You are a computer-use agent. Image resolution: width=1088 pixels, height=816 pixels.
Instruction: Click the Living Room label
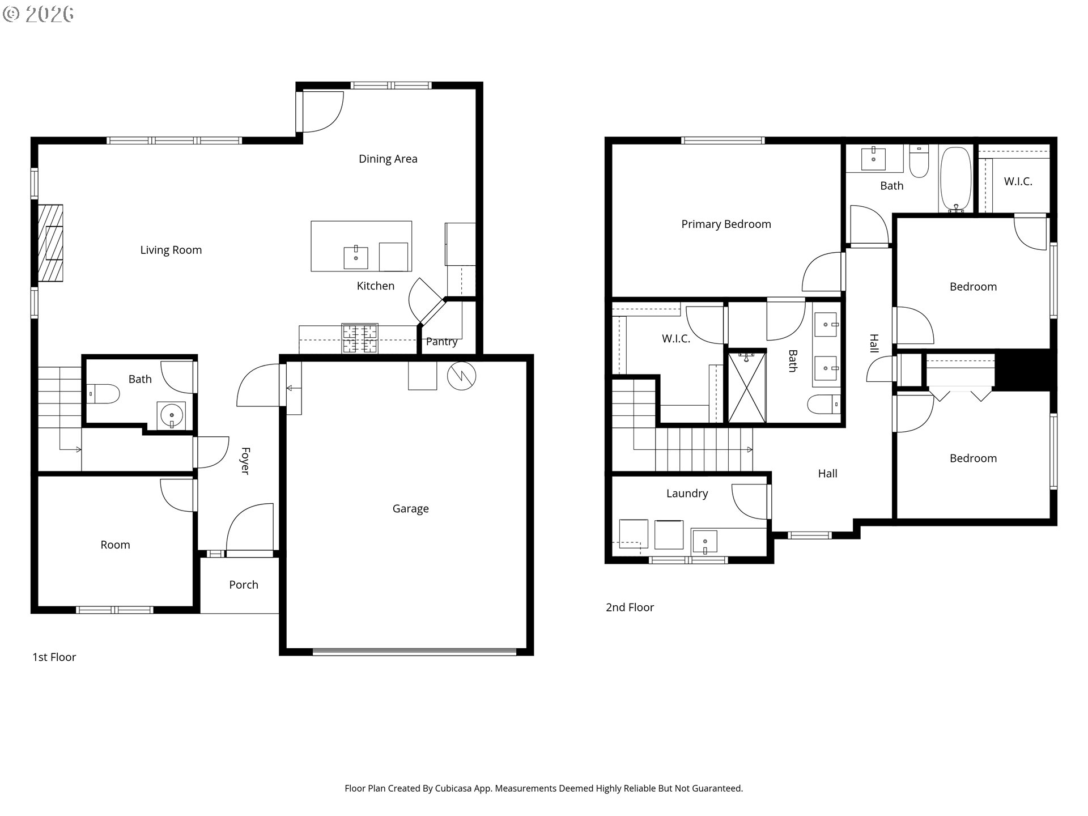171,250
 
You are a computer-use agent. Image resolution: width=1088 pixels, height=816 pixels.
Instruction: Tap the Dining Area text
388,159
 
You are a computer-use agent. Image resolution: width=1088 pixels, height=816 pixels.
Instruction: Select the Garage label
410,509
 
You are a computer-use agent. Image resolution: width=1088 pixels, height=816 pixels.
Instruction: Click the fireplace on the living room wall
50,243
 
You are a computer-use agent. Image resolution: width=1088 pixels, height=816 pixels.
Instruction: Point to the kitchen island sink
356,258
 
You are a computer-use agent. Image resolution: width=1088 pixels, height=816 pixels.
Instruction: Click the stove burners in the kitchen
359,338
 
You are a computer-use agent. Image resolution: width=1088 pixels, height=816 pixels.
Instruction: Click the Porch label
244,585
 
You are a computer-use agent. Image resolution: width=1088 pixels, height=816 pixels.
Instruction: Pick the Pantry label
441,342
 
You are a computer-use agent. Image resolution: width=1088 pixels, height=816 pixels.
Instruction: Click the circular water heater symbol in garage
462,376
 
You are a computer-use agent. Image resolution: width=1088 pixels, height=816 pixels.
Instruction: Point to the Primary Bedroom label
726,224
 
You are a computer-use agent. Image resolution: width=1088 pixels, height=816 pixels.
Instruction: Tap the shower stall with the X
747,387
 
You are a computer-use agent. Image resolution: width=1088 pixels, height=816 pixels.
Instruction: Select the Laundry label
687,494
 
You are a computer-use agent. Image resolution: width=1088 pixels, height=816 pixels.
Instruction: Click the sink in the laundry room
704,542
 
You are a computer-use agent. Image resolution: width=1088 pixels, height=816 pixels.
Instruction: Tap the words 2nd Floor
630,607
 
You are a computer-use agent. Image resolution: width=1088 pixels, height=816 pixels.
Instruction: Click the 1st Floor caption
54,657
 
